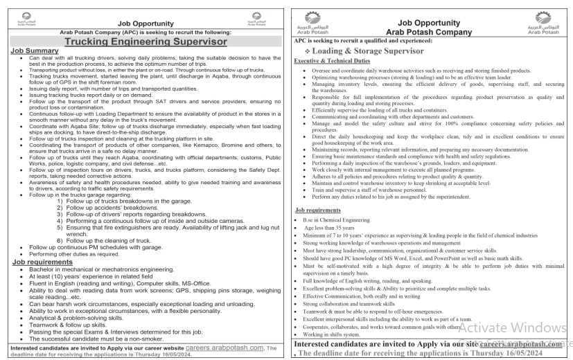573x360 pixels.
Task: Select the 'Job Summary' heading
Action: coord(35,51)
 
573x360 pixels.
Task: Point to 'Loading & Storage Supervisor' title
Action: coord(371,51)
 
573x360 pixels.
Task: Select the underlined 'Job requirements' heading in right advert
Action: coord(318,209)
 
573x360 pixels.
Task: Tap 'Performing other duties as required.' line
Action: coord(76,254)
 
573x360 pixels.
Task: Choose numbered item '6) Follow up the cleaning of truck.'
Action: coord(106,240)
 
